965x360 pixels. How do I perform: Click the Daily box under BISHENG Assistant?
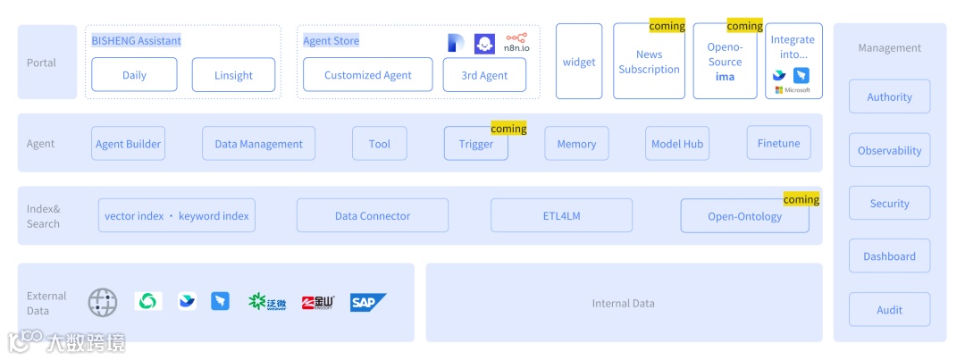coord(134,75)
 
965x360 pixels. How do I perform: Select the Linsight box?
coord(233,75)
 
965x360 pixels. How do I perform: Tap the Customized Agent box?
coord(367,75)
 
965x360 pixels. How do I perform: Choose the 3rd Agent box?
coord(484,75)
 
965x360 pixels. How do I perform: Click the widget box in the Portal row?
coord(579,62)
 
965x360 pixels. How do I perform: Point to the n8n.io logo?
coord(516,43)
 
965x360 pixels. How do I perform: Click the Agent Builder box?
coord(129,144)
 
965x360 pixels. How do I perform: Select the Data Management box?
coord(258,144)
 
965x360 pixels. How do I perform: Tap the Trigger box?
coord(476,144)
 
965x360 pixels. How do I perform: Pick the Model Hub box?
coord(677,144)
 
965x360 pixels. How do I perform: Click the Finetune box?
coord(778,143)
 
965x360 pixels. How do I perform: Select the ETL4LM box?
coord(561,215)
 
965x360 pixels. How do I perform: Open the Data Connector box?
coord(373,215)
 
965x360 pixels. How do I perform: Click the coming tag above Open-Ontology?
coord(801,199)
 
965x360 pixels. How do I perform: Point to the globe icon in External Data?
coord(103,303)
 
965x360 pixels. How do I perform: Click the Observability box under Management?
coord(889,150)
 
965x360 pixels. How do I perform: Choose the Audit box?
coord(889,310)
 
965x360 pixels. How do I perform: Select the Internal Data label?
coord(623,303)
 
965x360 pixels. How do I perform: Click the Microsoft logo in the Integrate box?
coord(793,90)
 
